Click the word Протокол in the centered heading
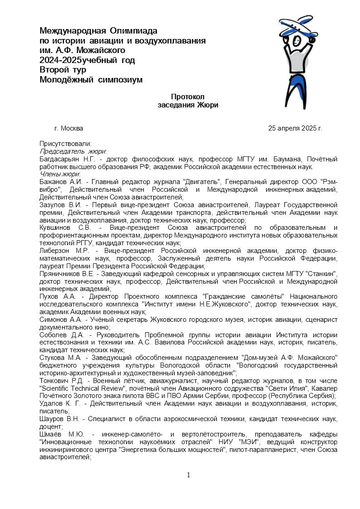tap(188, 97)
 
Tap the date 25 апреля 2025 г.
tap(295, 128)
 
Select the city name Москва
tap(72, 128)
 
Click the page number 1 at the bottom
tap(189, 475)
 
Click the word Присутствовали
tap(65, 144)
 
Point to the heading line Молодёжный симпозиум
tap(91, 80)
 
